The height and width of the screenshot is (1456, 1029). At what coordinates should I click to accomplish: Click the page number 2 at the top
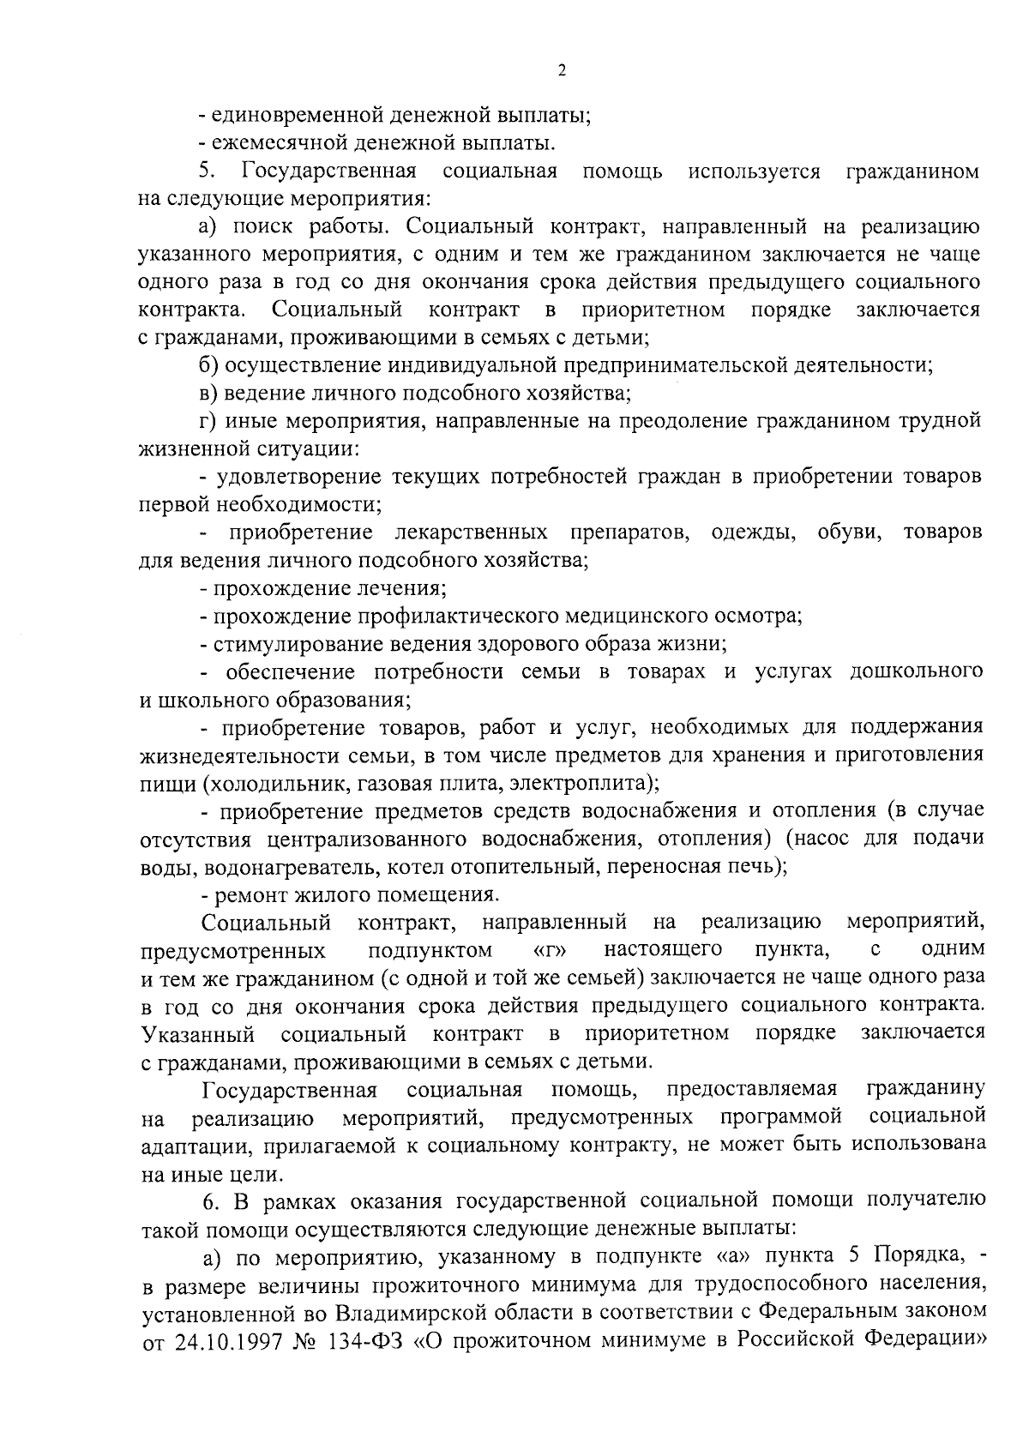pos(561,71)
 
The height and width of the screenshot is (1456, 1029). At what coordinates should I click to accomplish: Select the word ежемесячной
pos(280,143)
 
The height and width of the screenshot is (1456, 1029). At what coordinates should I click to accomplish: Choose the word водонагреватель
pos(291,867)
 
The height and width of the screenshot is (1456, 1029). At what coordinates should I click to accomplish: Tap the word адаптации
pos(187,1146)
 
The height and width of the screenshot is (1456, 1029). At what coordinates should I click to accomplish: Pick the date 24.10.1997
pos(222,1341)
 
